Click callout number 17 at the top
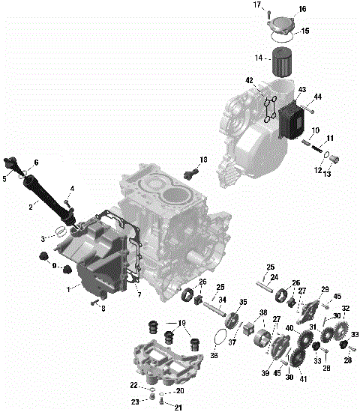(257, 5)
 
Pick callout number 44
(317, 97)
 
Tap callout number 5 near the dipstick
(5, 178)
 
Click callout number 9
(53, 266)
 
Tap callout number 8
(103, 307)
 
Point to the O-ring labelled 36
(217, 340)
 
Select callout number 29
(325, 289)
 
